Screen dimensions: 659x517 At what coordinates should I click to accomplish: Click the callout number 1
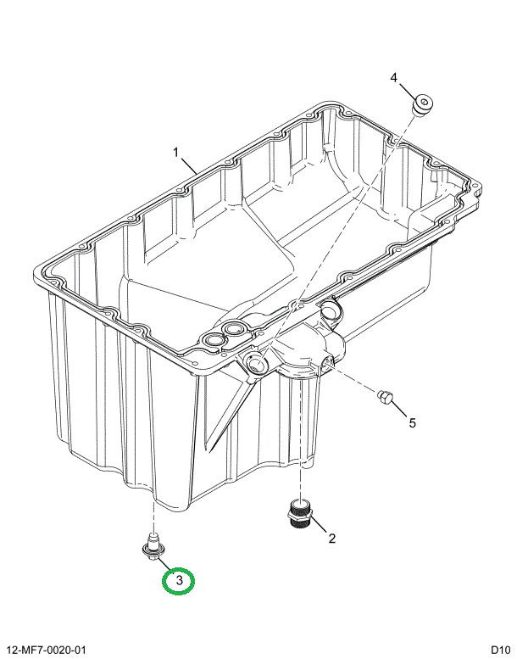176,153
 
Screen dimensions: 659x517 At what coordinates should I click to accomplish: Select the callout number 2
332,538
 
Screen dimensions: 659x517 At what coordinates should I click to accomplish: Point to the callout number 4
393,78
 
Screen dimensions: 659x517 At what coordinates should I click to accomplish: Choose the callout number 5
413,422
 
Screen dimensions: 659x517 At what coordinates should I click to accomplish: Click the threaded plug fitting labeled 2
298,515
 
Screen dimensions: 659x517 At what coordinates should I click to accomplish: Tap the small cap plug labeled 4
420,105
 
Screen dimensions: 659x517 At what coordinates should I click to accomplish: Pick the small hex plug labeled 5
384,396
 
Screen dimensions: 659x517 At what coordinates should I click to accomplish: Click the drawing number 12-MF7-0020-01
47,650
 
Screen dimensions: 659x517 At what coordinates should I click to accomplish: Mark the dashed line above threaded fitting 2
298,483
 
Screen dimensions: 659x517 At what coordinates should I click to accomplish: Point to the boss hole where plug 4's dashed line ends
258,365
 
